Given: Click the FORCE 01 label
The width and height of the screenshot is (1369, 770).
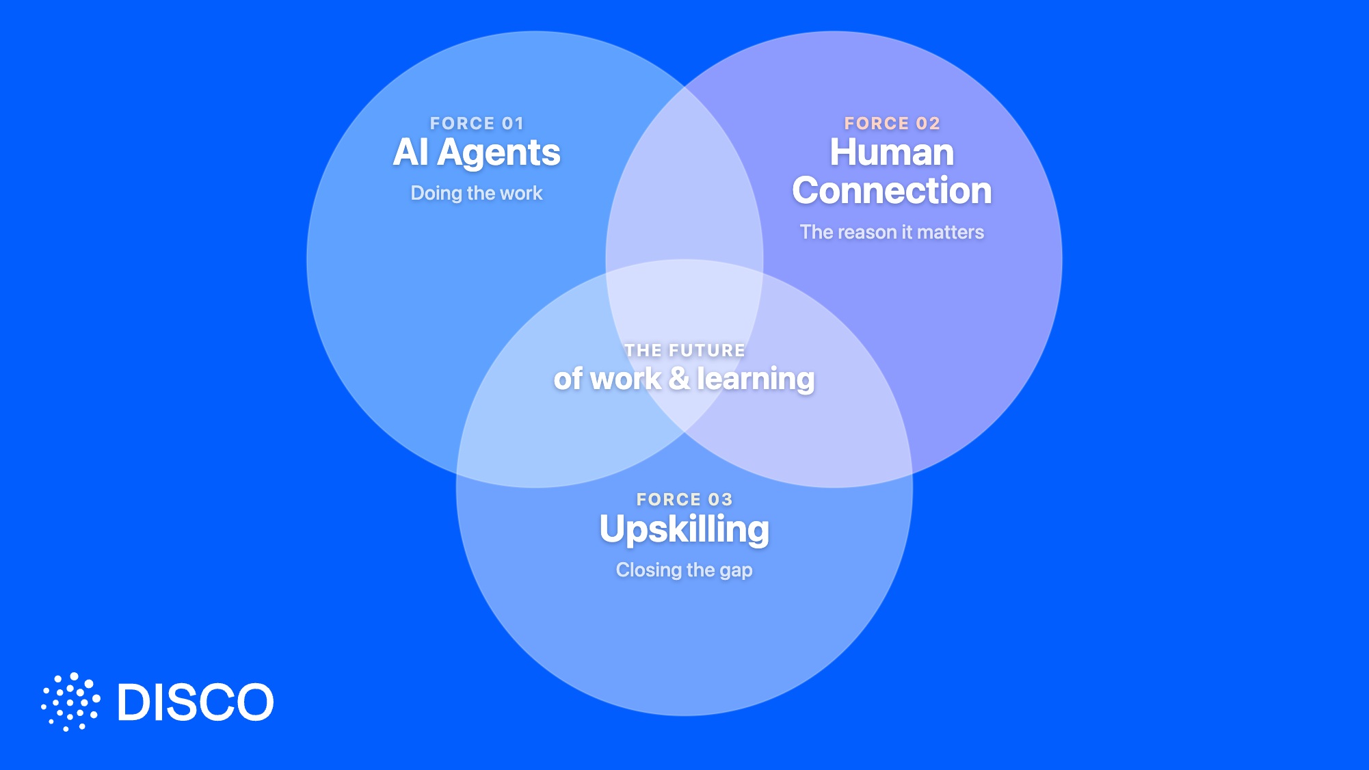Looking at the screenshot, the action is point(477,123).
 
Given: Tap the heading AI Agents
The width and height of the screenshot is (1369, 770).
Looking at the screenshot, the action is point(477,152).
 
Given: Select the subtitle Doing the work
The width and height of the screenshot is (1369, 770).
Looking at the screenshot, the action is point(477,193).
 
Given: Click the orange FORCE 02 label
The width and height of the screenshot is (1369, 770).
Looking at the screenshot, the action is point(892,123).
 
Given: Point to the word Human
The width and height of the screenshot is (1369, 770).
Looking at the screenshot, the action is point(892,152).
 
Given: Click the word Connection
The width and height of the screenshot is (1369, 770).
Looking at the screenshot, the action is point(892,190).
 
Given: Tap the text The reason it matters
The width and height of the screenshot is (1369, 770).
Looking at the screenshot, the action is point(892,232).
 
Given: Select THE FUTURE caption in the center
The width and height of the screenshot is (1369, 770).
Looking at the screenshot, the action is point(684,350).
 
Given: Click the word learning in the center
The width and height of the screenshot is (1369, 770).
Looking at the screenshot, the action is point(756,380).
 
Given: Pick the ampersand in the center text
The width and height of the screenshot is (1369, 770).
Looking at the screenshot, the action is point(679,378).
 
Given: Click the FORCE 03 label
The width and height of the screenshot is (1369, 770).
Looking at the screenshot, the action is point(684,499).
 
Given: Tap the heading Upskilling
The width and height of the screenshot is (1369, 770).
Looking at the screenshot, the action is point(684,530).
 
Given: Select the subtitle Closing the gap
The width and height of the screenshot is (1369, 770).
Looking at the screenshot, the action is point(684,570).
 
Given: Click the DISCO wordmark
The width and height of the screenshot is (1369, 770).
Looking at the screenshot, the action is point(196,702).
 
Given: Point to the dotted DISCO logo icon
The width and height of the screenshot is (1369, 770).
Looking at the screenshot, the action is point(70,702).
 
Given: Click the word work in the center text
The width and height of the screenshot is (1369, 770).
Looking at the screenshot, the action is point(626,379).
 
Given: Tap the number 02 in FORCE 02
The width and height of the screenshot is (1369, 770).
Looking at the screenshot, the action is point(928,123).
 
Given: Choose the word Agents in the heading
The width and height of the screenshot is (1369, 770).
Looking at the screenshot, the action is point(499,153).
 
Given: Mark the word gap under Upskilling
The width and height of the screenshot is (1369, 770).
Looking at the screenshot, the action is point(736,571).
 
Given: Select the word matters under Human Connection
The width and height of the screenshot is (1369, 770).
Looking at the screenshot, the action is point(951,233).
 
